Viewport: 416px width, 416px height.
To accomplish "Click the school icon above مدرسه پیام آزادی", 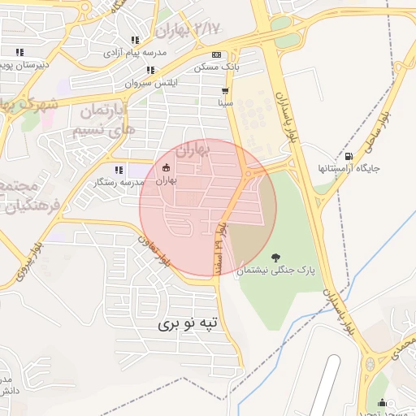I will pyautogui.click(x=135, y=40).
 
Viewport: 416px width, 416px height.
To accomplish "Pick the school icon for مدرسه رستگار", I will pyautogui.click(x=119, y=170).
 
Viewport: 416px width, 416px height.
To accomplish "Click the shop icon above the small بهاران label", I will pyautogui.click(x=167, y=167).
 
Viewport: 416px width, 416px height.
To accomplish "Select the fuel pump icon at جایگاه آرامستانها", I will pyautogui.click(x=349, y=156).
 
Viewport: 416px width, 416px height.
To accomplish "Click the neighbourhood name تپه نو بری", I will pyautogui.click(x=188, y=323).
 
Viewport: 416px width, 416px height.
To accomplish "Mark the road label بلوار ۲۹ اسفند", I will pyautogui.click(x=219, y=240).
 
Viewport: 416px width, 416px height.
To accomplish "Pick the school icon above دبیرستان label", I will pyautogui.click(x=19, y=52).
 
